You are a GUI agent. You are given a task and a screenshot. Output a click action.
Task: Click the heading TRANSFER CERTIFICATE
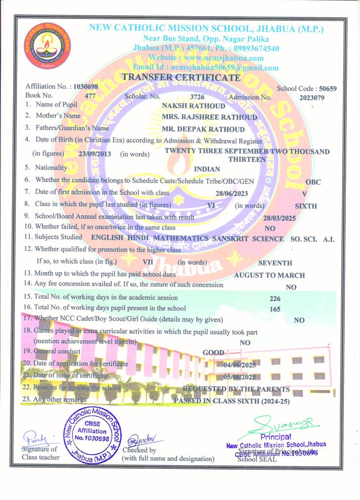click(181, 78)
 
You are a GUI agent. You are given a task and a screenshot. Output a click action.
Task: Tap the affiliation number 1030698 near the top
click(86, 86)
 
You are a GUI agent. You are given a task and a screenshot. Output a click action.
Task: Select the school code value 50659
click(327, 89)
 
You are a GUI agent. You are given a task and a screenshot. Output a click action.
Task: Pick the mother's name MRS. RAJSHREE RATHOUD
click(209, 117)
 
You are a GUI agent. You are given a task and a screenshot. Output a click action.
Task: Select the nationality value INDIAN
click(207, 169)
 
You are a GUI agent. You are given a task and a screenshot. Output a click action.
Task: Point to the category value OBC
click(313, 182)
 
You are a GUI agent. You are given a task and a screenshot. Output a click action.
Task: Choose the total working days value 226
click(275, 298)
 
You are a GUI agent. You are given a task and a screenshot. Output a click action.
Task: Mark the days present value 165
click(275, 309)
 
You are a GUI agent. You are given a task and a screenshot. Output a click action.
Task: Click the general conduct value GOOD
click(214, 353)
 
